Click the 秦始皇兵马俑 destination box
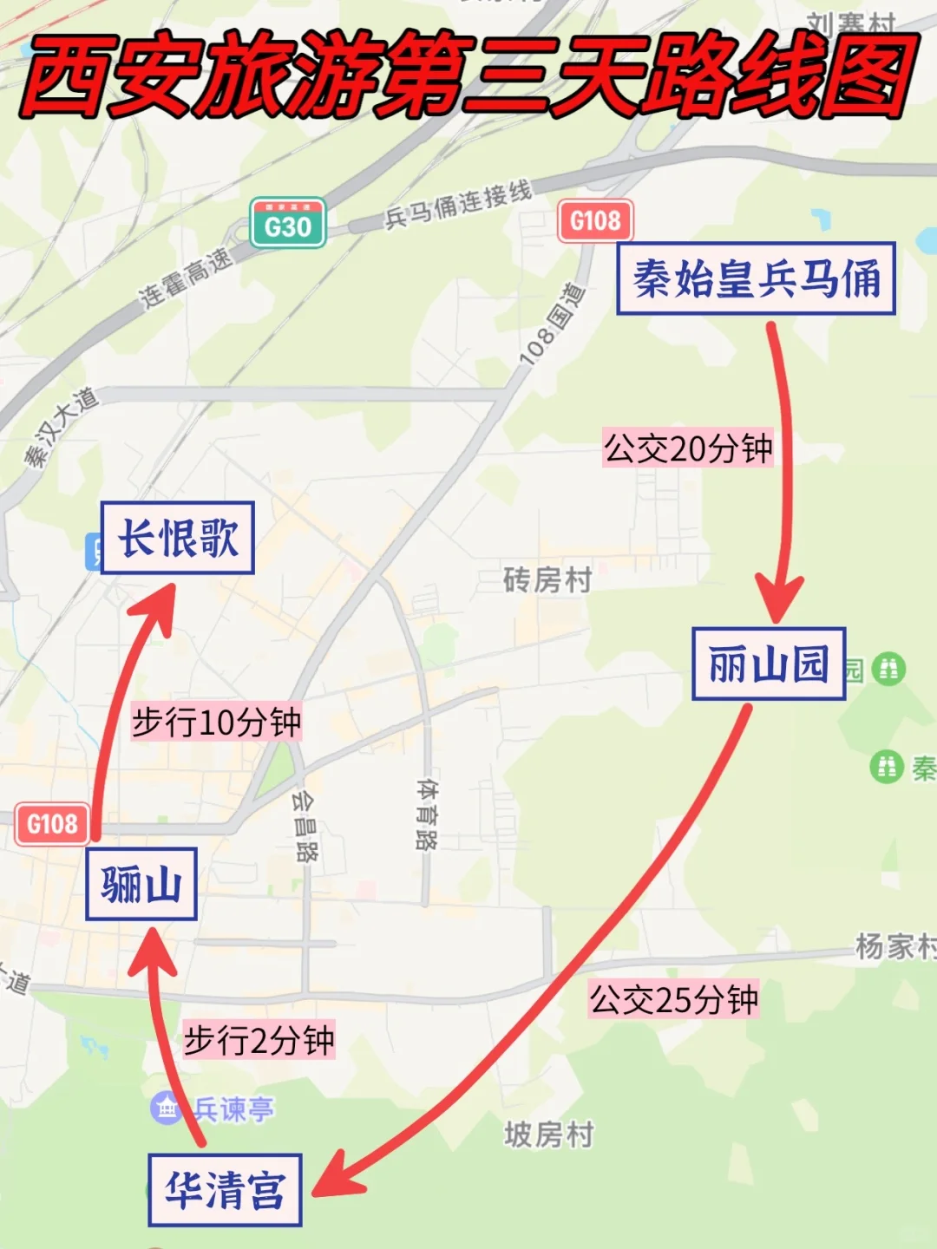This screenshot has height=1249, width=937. tap(756, 278)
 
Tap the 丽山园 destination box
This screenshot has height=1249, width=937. tap(769, 664)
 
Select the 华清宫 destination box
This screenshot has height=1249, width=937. tap(225, 1190)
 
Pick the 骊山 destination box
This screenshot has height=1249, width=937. tap(141, 885)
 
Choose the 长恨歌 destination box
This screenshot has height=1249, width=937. tap(178, 538)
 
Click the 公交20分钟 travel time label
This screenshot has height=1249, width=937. tap(688, 448)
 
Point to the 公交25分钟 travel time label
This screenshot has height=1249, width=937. tap(674, 999)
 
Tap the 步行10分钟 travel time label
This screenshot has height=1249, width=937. tap(216, 722)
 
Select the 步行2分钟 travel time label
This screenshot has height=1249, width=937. tap(259, 1040)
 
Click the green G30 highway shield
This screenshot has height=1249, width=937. tap(288, 224)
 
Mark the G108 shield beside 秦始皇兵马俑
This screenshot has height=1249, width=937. tap(595, 220)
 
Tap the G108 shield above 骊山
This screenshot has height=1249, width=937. tap(52, 823)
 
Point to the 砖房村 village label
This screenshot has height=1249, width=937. tap(547, 579)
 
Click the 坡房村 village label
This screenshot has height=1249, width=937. tap(549, 1134)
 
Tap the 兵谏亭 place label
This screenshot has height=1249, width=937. tap(233, 1108)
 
